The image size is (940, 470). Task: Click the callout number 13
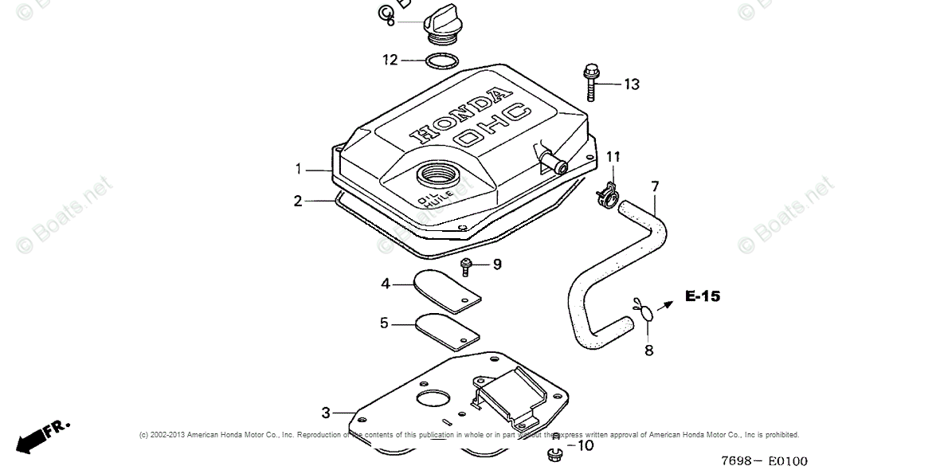click(631, 84)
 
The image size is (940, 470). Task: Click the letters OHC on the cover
click(492, 125)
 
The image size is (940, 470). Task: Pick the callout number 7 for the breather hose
click(655, 187)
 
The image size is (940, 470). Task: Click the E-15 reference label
click(703, 296)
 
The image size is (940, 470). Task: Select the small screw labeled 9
click(467, 264)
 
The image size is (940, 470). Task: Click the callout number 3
click(325, 413)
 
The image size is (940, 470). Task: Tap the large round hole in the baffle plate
click(433, 398)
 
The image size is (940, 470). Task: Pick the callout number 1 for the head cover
click(298, 169)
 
